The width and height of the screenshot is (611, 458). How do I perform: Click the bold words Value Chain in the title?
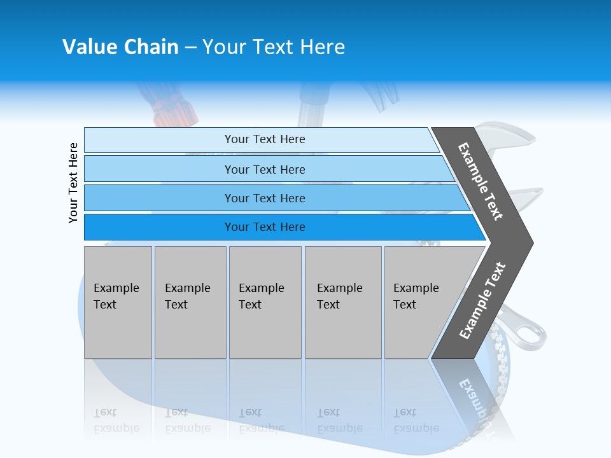[120, 47]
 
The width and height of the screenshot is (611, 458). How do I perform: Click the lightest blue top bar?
[264, 139]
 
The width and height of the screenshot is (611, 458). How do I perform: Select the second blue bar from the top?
[264, 169]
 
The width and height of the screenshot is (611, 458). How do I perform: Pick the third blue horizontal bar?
[264, 198]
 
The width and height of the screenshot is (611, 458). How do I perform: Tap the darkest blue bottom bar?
[264, 227]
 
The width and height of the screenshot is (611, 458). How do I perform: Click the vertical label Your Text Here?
[73, 183]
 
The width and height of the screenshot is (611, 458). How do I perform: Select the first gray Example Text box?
[117, 302]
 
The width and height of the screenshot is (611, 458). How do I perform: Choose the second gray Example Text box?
[190, 302]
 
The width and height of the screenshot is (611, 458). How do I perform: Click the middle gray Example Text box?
[265, 302]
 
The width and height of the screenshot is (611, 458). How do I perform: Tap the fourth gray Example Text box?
[343, 302]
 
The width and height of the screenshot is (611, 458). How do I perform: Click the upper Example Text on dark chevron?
[481, 181]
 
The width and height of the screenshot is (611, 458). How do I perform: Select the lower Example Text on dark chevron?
[482, 301]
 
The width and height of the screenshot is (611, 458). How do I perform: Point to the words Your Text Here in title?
[274, 47]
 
